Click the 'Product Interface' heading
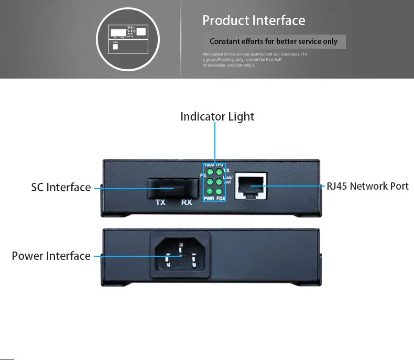coord(254,20)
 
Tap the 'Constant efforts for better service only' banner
coord(274,41)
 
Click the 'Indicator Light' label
coord(217,116)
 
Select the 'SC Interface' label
coord(61,187)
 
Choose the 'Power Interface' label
coord(51,256)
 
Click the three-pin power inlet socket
coord(181,255)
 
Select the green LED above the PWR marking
coord(210,191)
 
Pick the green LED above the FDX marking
coord(219,191)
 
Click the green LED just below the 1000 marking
coord(210,172)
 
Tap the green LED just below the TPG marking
coord(219,172)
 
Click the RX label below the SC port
coord(186,202)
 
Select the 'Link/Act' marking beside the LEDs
coord(228,180)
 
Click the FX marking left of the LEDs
coord(203,176)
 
